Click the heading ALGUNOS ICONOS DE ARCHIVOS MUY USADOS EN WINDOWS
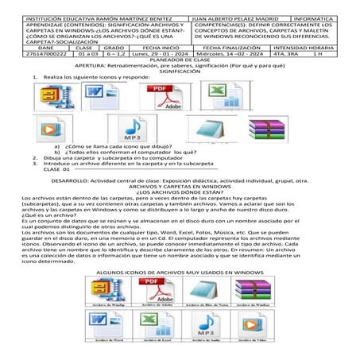(180, 273)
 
